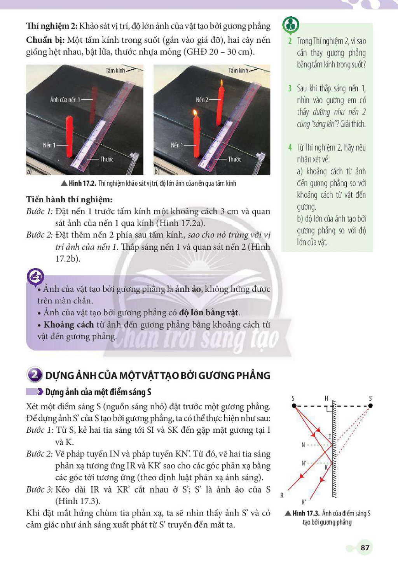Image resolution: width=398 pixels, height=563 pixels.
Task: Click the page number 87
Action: click(365, 547)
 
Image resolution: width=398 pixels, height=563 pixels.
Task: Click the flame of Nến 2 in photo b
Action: click(222, 83)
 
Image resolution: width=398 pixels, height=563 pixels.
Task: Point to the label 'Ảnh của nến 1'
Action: click(65, 100)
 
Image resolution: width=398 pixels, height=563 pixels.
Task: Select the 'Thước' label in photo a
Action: click(107, 159)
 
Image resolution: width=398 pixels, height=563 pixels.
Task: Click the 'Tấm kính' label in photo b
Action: click(238, 70)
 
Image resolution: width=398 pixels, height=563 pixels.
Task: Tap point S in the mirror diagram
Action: click(294, 406)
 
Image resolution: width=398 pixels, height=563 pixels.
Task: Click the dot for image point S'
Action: click(370, 406)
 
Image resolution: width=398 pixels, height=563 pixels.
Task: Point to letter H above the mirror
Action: click(326, 398)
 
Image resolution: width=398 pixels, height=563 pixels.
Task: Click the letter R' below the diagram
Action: click(304, 502)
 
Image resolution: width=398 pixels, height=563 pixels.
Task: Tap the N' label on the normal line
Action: click(304, 463)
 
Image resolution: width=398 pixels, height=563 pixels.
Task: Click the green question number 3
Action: click(290, 88)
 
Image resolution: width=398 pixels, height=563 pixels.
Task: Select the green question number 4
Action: click(290, 147)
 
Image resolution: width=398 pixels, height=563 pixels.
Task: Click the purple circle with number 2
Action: click(35, 375)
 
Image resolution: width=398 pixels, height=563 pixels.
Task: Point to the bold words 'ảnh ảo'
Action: click(188, 289)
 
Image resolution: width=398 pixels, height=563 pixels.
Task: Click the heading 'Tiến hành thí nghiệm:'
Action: click(69, 200)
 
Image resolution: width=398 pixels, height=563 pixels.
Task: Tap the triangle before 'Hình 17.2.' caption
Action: click(64, 183)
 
